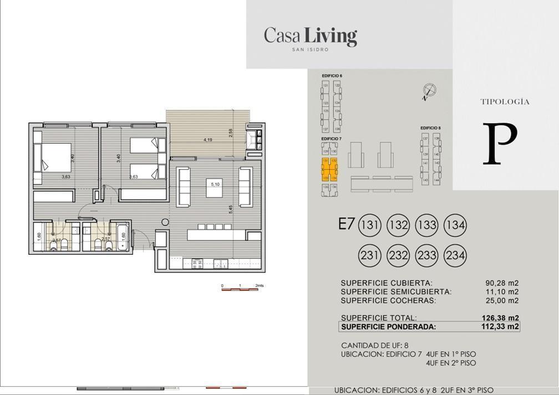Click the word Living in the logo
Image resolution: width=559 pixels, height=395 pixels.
tap(331, 37)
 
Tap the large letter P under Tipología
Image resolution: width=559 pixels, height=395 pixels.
tap(500, 144)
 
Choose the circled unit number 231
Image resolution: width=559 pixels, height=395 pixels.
tap(370, 255)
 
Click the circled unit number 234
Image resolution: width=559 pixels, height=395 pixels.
tap(455, 255)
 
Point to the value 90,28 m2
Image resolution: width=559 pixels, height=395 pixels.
tap(501, 283)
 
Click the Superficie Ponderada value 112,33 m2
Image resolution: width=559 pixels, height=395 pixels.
tap(500, 327)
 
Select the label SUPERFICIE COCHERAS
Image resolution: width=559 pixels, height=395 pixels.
tap(388, 300)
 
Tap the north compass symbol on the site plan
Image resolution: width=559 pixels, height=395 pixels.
tap(429, 90)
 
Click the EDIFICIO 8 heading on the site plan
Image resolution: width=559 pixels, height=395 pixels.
tap(430, 128)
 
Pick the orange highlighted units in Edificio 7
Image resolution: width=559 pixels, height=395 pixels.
tap(329, 169)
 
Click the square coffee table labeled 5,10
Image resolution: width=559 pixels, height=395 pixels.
tap(214, 187)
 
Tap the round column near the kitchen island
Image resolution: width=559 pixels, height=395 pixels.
tap(165, 222)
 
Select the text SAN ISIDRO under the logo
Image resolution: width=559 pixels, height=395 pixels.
tap(310, 50)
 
